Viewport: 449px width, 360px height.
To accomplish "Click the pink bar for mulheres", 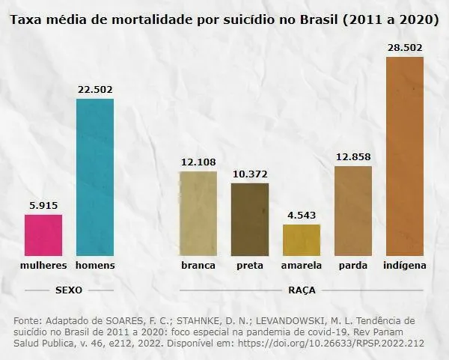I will (43, 236).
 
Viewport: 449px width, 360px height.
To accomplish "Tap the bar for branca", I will (198, 214).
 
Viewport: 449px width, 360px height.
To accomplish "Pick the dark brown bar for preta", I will (250, 219).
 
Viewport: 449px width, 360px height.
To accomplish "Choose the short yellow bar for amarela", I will (302, 240).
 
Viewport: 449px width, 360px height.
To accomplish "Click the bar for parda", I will (353, 211).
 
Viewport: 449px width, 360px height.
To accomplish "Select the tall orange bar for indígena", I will (405, 156).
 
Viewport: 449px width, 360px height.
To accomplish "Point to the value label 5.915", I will (43, 206).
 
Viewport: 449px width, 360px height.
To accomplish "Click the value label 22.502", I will (95, 90).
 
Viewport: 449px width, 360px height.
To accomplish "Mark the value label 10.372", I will (250, 174).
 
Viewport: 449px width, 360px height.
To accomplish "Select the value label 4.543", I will (302, 216).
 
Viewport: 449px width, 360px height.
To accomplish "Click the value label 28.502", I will (405, 48).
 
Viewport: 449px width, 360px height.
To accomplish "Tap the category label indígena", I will (405, 266).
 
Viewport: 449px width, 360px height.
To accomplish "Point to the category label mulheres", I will (43, 266).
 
